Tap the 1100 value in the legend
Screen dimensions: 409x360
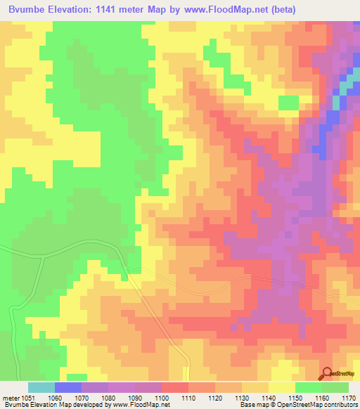coord(161,398)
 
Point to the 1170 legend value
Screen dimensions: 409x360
coord(349,398)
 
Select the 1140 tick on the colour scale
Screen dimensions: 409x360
coord(269,398)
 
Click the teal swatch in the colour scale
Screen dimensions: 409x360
coord(41,387)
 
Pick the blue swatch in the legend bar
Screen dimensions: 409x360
coord(68,387)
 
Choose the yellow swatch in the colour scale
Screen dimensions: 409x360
coord(282,387)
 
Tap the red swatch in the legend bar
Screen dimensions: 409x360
coord(175,387)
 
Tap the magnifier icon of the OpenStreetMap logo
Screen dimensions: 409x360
coord(326,373)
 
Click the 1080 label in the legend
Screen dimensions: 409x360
coord(107,398)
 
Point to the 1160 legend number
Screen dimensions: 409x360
coord(322,398)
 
